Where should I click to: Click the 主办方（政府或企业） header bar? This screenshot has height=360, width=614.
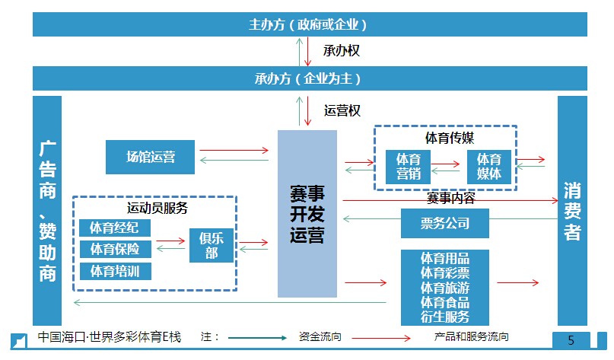[308, 24]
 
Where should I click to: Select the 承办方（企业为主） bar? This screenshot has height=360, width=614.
[308, 78]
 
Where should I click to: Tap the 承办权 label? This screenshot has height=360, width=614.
[341, 52]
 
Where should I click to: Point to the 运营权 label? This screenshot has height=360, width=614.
[342, 110]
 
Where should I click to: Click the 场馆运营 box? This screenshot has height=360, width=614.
[151, 157]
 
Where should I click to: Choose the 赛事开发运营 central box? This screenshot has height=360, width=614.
[307, 213]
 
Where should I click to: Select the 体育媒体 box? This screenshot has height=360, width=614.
[489, 166]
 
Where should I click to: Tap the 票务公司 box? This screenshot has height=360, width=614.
[444, 223]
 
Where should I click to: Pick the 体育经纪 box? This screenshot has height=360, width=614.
[114, 228]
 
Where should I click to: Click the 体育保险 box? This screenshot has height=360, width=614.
[114, 249]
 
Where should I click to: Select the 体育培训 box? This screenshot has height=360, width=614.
[114, 270]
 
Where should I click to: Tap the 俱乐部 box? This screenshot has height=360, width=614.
[211, 244]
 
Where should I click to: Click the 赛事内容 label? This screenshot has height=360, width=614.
[450, 199]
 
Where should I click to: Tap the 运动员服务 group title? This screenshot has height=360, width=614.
[157, 207]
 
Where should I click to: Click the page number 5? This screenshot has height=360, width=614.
[571, 340]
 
